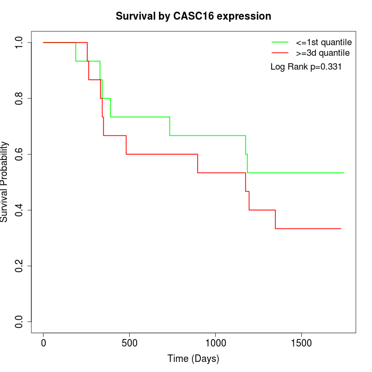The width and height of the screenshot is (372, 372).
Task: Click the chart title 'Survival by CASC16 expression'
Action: [193, 16]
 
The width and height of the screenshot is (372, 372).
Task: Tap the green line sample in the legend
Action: [280, 42]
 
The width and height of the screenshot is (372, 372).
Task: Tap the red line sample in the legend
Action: [280, 53]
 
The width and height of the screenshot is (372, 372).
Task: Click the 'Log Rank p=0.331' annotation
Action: [306, 67]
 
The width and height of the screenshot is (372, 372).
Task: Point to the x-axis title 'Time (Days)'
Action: [193, 359]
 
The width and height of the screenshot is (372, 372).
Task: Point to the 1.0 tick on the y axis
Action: [20, 43]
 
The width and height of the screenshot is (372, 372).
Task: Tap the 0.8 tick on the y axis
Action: [20, 98]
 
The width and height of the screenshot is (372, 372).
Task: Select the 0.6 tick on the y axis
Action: [20, 154]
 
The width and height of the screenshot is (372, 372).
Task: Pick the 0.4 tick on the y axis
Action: [20, 210]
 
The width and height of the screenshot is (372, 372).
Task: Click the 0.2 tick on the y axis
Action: [20, 266]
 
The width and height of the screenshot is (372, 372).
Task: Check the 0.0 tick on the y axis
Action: [20, 322]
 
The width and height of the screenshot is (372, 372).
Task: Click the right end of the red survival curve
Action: [341, 229]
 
